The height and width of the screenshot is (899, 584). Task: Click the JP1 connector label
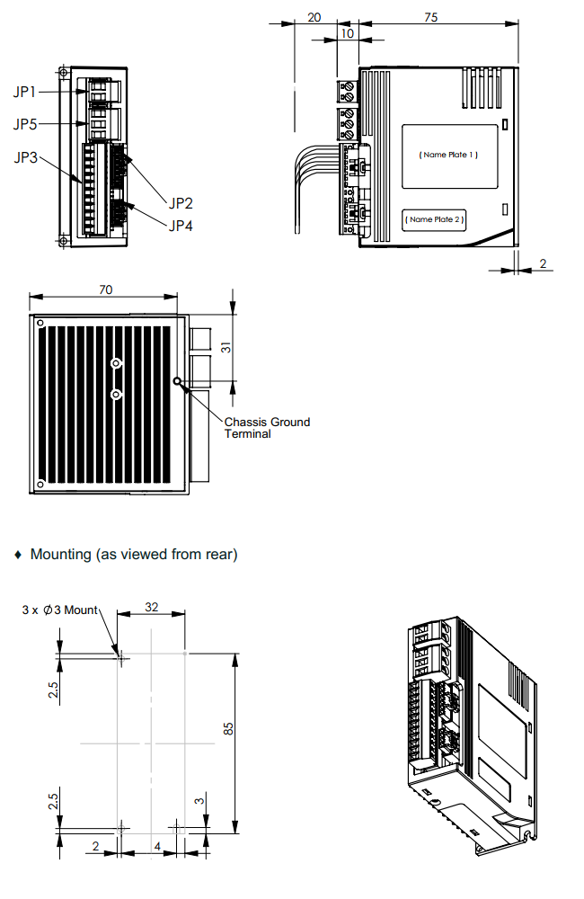pos(25,92)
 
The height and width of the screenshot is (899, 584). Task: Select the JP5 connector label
pos(25,124)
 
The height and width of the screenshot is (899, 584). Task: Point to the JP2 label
pos(181,203)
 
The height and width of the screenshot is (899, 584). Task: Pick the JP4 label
pos(181,225)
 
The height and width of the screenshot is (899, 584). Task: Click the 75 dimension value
pos(430,17)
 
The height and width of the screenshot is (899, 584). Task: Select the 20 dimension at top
pos(314,17)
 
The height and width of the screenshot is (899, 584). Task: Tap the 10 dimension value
pos(347,32)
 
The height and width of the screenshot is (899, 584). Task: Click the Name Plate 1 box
pos(448,156)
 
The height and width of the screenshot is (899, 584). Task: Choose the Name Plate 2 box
pos(434,219)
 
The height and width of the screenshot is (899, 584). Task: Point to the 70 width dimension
pos(105,289)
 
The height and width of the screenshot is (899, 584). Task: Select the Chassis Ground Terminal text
pos(267,427)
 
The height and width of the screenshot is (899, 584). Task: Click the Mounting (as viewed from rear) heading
pos(134,554)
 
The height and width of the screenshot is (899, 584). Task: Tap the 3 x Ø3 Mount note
pos(60,610)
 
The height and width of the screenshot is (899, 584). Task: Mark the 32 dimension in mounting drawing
pos(152,607)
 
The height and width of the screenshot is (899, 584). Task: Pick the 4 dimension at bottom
pos(157,847)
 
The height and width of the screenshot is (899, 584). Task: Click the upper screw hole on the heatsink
pos(116,362)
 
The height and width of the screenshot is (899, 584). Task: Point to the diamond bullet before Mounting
pos(18,555)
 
